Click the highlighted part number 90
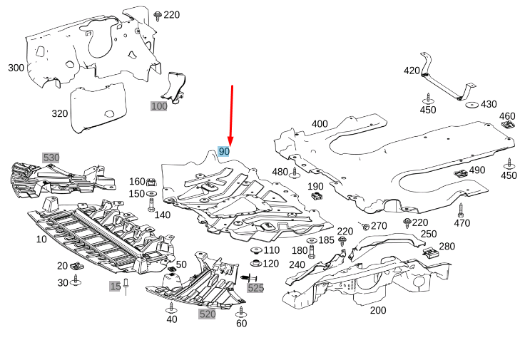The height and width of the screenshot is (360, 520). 224,152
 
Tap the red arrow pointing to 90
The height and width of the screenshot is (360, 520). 231,114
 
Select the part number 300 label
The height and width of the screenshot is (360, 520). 16,68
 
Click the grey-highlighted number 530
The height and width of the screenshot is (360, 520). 51,157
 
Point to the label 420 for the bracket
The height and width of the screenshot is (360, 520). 412,71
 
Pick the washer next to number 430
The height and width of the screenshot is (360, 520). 471,105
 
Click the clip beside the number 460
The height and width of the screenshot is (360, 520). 509,125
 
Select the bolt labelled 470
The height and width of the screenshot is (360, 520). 461,210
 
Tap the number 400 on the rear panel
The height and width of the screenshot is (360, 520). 320,124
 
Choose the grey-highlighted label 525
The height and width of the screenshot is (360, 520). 255,288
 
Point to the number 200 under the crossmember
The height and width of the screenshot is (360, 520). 378,310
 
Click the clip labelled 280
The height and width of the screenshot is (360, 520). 430,251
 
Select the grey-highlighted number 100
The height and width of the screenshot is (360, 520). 158,106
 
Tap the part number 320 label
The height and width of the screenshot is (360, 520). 60,113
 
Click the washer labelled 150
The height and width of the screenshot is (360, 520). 151,195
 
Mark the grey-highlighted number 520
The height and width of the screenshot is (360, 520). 207,314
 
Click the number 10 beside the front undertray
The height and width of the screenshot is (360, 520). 41,240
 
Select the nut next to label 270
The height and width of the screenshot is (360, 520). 365,226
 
